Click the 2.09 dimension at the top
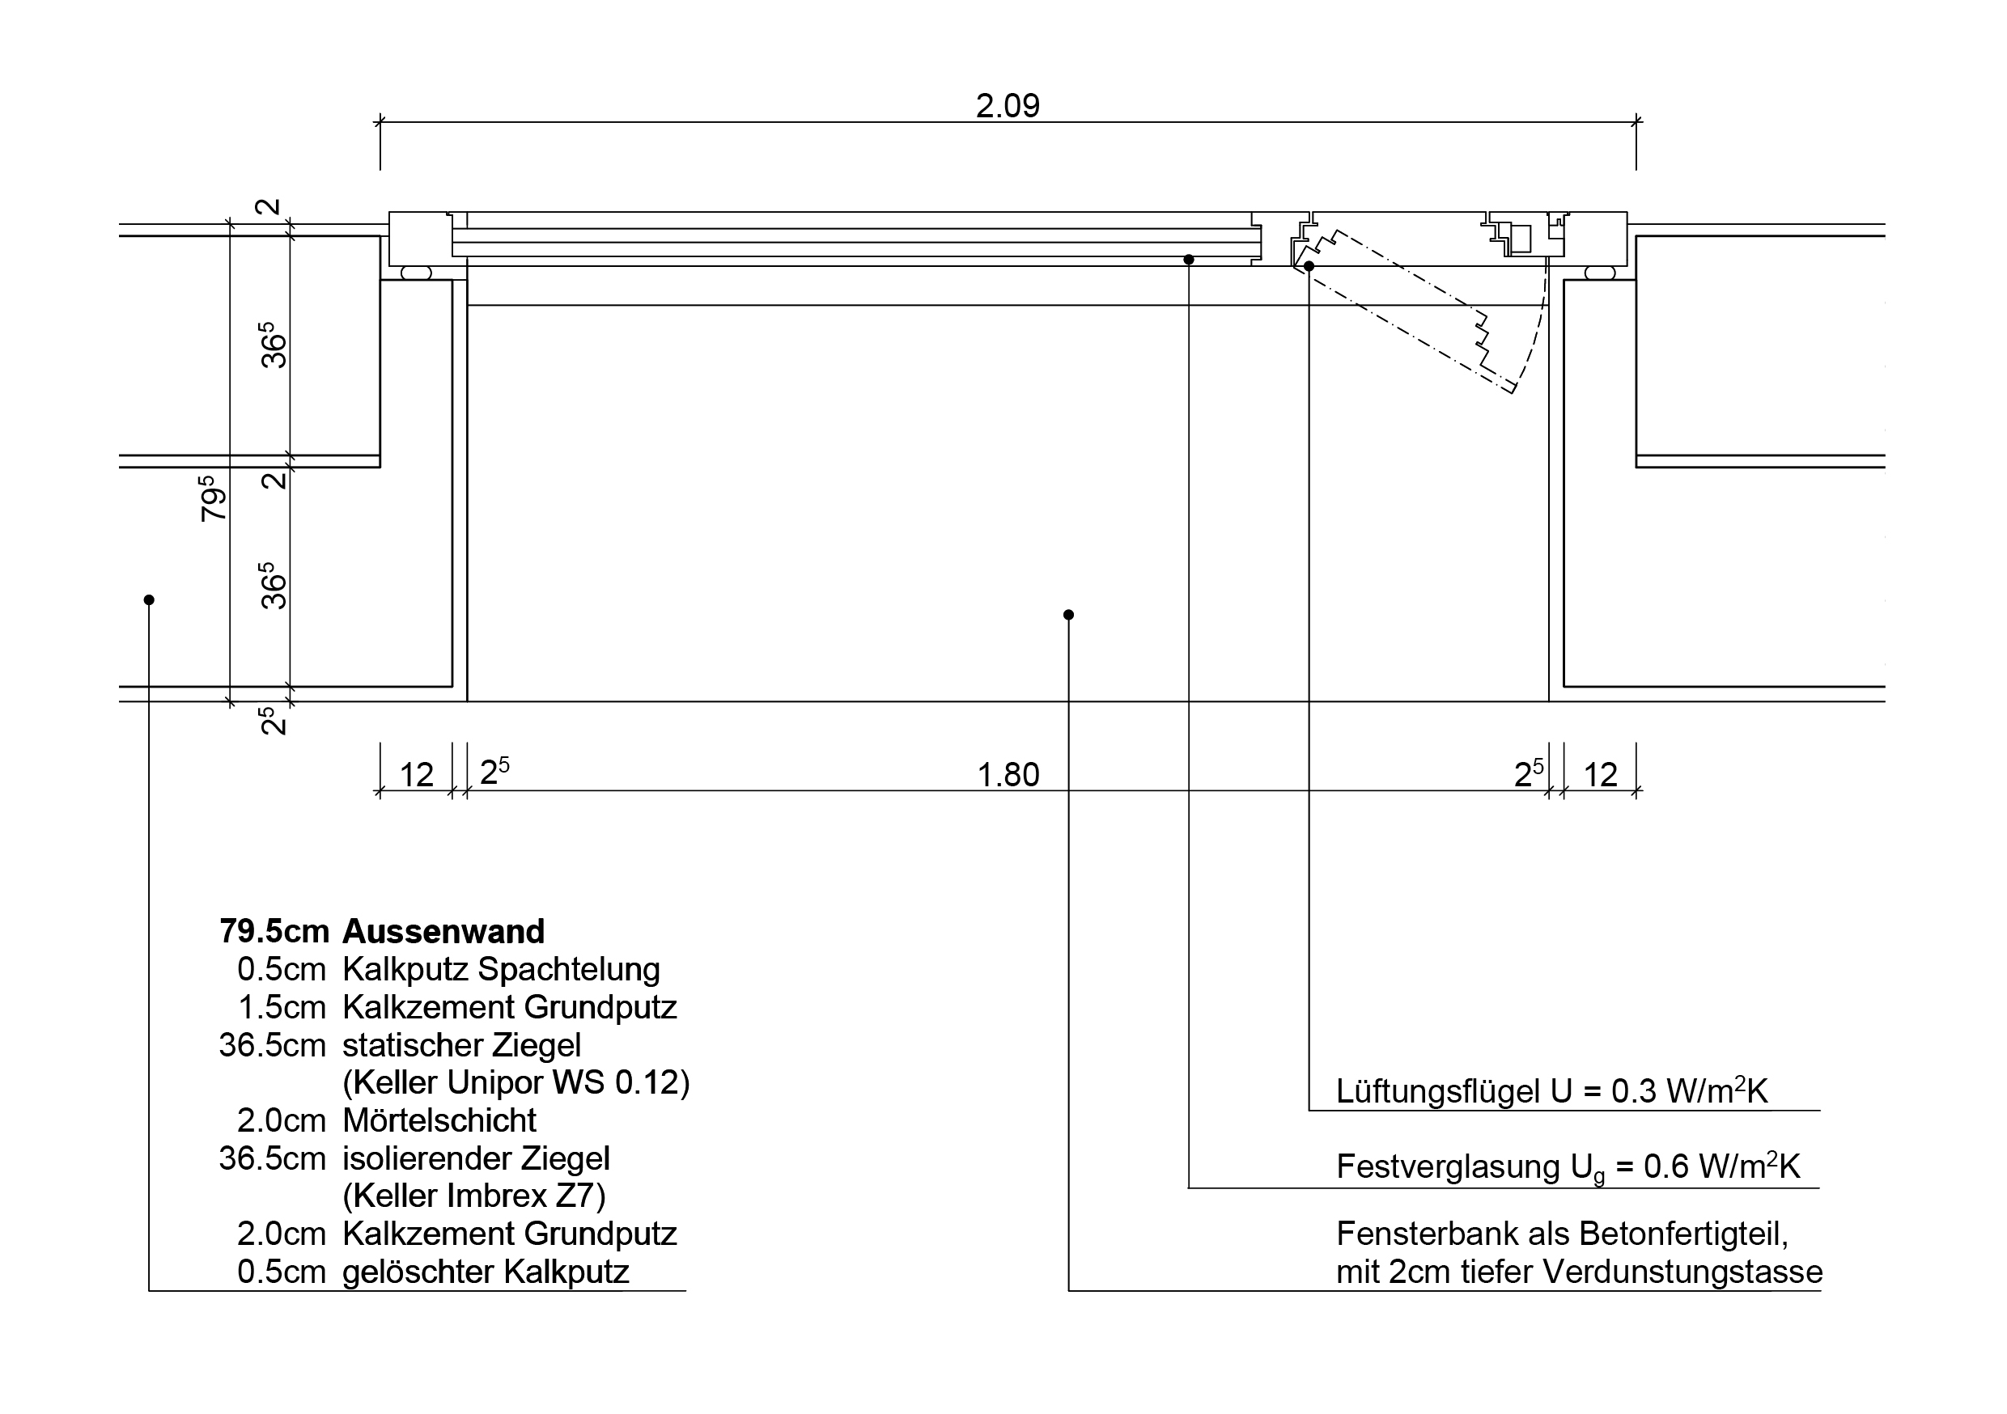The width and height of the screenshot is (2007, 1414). (x=1007, y=107)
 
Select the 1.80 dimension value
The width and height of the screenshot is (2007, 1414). (x=1008, y=775)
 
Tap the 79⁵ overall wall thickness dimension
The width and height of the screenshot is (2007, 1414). (x=214, y=498)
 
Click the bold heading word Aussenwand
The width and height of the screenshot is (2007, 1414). (x=443, y=932)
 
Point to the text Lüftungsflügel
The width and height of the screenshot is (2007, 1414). (x=1437, y=1091)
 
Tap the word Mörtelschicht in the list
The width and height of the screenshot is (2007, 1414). (x=439, y=1120)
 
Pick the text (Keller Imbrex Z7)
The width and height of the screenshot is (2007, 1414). (x=473, y=1196)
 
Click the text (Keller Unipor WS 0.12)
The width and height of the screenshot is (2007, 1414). (x=516, y=1083)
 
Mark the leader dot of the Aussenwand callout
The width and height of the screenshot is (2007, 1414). (x=149, y=599)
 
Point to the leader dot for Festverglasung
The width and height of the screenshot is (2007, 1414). (x=1189, y=260)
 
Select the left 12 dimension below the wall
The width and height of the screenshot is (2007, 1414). (x=416, y=775)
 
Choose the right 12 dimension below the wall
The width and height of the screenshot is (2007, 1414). (x=1601, y=775)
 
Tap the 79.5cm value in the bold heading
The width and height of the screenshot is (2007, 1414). (x=274, y=932)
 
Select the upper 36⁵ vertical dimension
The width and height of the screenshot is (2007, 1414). (x=274, y=345)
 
